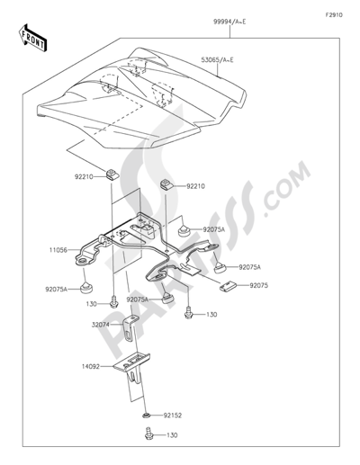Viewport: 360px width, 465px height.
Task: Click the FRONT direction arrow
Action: click(x=32, y=37)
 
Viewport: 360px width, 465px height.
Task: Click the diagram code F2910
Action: click(x=334, y=15)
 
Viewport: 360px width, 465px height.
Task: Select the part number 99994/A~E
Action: click(x=229, y=22)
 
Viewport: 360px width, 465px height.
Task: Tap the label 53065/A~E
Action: click(x=217, y=60)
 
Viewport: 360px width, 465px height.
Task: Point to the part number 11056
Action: click(x=58, y=250)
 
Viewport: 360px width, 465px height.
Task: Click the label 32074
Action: click(x=100, y=325)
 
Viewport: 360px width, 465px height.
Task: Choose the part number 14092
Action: click(x=91, y=366)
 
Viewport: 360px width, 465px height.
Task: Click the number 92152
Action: click(x=173, y=416)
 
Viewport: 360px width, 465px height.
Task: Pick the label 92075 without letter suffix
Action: click(x=259, y=285)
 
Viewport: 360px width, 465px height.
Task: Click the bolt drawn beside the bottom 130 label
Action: click(x=148, y=434)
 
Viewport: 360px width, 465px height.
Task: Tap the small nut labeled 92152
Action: click(x=146, y=415)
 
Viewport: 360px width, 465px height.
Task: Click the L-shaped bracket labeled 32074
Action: click(x=130, y=329)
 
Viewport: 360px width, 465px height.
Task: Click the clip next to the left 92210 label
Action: click(x=112, y=174)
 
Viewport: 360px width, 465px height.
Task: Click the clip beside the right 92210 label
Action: click(x=166, y=184)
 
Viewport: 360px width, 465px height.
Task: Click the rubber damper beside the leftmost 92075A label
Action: click(x=86, y=287)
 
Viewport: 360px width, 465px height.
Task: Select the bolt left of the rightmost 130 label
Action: click(x=188, y=312)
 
